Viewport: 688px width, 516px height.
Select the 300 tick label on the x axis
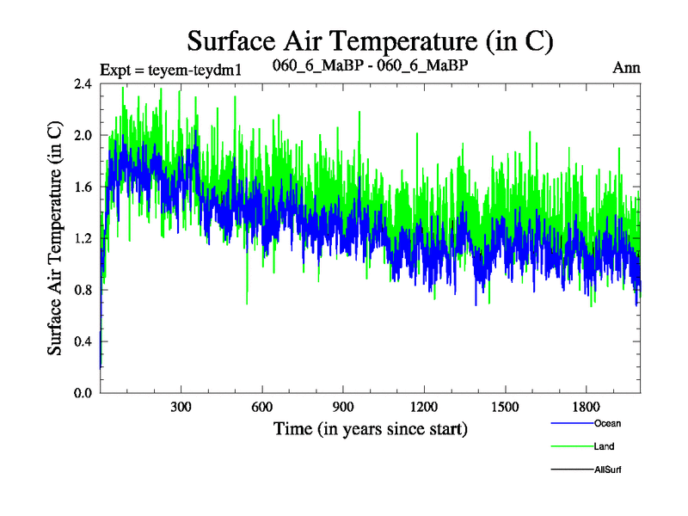[x=181, y=407]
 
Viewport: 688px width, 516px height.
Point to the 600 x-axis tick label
[x=262, y=407]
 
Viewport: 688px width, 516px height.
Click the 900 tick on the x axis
[x=343, y=407]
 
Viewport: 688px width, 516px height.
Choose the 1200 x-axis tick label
[x=424, y=407]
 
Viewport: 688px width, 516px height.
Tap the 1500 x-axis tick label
[x=505, y=407]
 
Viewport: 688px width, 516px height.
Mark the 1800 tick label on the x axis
[x=586, y=407]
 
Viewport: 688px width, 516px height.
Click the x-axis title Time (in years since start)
[x=370, y=428]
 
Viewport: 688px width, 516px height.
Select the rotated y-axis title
[x=54, y=238]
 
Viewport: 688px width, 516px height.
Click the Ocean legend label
[x=606, y=423]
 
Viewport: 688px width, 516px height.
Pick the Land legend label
[x=603, y=446]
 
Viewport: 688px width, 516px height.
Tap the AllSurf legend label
[x=607, y=470]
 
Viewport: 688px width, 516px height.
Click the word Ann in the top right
[x=626, y=68]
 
